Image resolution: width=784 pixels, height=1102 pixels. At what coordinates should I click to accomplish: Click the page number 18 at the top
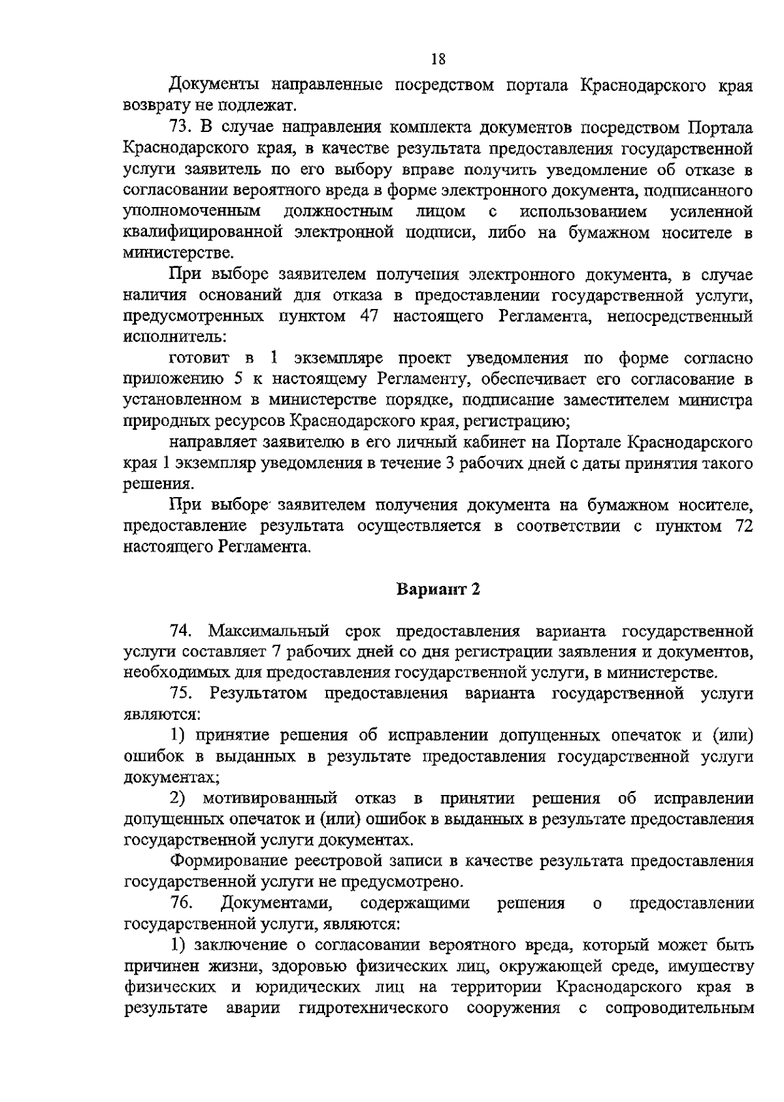pos(438,59)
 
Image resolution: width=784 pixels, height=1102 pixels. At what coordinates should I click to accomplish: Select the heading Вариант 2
pos(438,589)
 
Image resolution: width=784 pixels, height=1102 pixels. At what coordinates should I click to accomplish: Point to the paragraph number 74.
pos(180,631)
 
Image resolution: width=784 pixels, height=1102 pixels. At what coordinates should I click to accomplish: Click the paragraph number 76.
pos(180,903)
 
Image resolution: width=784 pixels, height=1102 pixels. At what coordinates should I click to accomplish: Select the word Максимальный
pos(273,631)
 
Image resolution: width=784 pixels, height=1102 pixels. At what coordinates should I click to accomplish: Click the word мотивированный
pos(270,798)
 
